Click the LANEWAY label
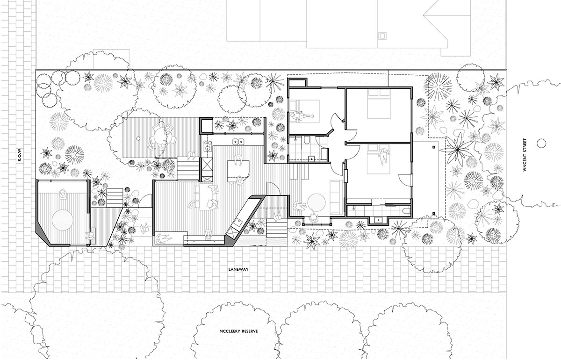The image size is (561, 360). tap(238, 270)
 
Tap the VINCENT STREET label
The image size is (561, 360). tap(525, 155)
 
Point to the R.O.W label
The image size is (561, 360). tap(20, 155)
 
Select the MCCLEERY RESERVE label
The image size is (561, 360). tap(238, 331)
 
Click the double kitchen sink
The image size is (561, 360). tap(238, 142)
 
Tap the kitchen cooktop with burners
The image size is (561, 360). tap(208, 146)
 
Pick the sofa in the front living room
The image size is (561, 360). tap(336, 197)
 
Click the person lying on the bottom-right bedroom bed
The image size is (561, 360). tap(383, 157)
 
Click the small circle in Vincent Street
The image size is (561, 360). tap(541, 143)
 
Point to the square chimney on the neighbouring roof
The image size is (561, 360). tap(382, 36)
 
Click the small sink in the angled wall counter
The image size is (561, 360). tap(237, 222)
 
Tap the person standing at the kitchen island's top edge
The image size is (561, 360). tap(238, 160)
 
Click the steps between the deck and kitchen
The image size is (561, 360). tap(188, 168)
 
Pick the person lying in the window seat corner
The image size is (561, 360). tap(163, 238)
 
